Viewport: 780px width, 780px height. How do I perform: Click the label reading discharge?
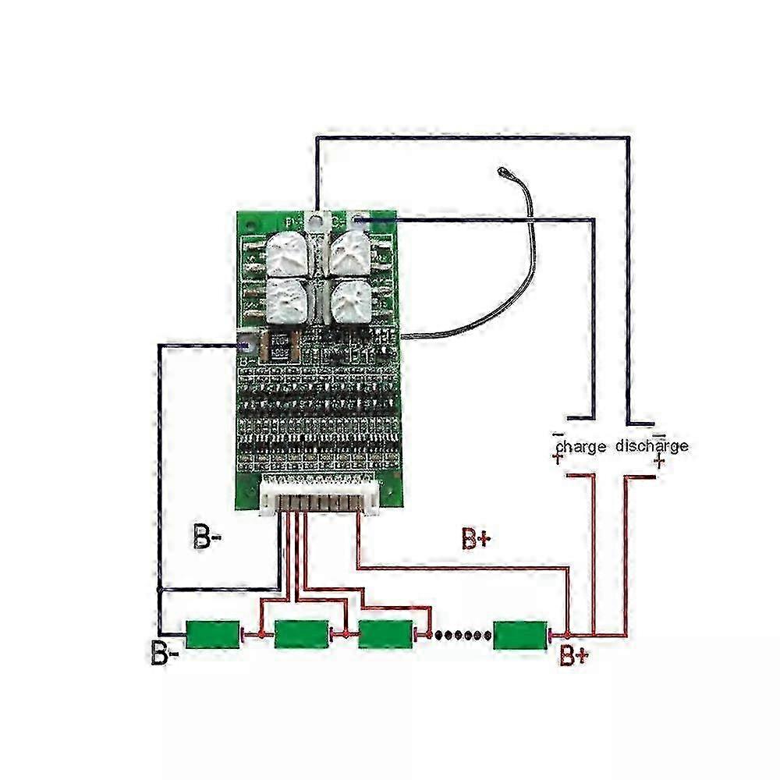(652, 445)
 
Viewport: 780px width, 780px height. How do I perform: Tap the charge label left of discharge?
(581, 446)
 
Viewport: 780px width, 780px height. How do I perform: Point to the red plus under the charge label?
(558, 460)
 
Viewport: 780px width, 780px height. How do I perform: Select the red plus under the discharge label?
(660, 463)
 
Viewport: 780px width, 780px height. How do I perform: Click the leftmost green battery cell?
(212, 634)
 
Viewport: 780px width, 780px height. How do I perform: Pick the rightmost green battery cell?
(520, 634)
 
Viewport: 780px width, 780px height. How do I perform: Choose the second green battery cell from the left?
(302, 634)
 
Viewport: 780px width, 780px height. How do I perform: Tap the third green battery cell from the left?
(385, 634)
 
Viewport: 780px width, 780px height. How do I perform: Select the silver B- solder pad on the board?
(248, 343)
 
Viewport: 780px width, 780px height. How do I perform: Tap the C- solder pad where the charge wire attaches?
(358, 221)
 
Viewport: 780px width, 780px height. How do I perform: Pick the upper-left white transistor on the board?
(287, 253)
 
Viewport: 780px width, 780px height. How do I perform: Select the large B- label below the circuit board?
(207, 537)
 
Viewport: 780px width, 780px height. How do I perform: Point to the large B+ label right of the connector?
(475, 537)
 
